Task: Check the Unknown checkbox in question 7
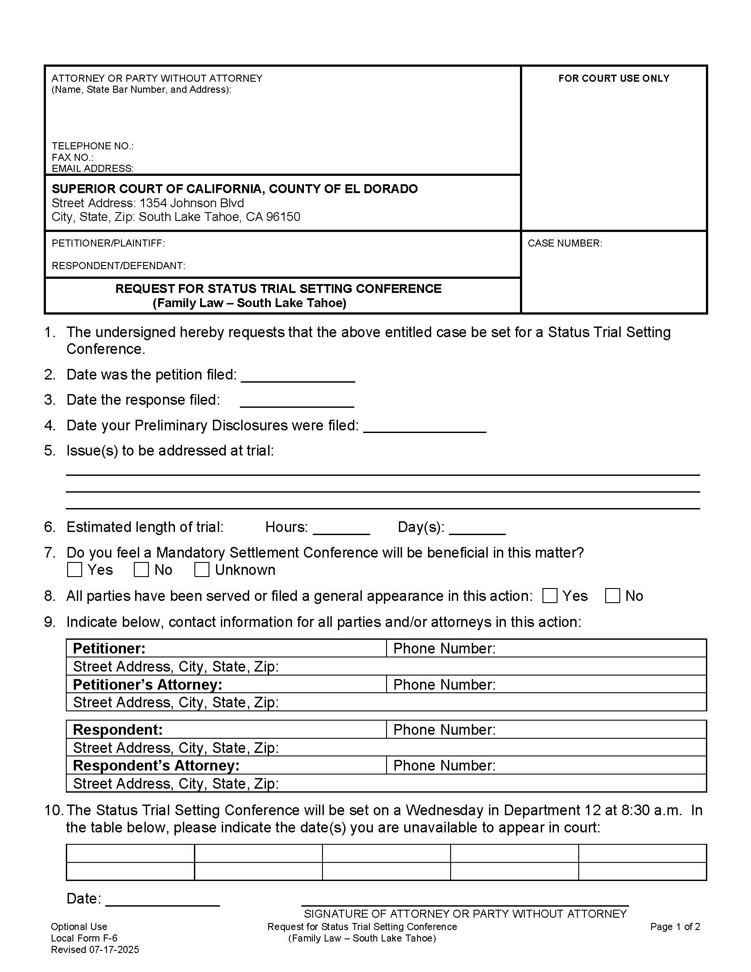pyautogui.click(x=201, y=570)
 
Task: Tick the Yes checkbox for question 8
pyautogui.click(x=550, y=596)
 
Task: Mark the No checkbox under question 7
pyautogui.click(x=141, y=570)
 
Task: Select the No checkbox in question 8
pyautogui.click(x=612, y=596)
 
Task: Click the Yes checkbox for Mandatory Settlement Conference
pyautogui.click(x=74, y=570)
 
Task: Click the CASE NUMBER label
pyautogui.click(x=565, y=243)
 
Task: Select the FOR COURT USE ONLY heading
pyautogui.click(x=614, y=78)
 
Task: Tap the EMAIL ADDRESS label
pyautogui.click(x=92, y=168)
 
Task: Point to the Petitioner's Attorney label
pyautogui.click(x=147, y=684)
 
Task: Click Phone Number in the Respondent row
pyautogui.click(x=444, y=729)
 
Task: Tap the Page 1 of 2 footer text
pyautogui.click(x=675, y=926)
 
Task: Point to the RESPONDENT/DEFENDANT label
pyautogui.click(x=118, y=266)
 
